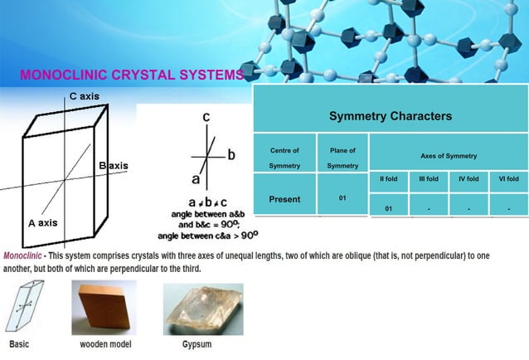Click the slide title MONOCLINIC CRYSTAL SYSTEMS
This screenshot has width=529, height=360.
point(133,75)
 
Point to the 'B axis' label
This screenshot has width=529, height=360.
point(114,166)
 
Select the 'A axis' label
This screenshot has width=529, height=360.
point(42,223)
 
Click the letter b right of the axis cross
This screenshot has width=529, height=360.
point(231,155)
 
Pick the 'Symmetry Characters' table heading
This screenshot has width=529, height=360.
point(390,115)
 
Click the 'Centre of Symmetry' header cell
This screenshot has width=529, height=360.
point(284,158)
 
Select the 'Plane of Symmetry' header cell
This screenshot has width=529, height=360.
point(342,158)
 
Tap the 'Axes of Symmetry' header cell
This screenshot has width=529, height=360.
point(449,156)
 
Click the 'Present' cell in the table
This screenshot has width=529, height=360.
point(284,199)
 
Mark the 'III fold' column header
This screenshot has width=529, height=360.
point(429,178)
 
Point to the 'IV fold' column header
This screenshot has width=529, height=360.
point(468,178)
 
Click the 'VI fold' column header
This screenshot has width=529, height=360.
point(508,178)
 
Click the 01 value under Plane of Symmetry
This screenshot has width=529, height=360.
point(342,198)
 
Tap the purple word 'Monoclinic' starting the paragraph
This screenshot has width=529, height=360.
point(22,256)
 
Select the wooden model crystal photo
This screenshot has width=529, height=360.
point(104,307)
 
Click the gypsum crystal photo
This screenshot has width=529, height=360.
point(203,309)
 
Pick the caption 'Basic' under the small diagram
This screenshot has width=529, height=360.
point(22,343)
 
